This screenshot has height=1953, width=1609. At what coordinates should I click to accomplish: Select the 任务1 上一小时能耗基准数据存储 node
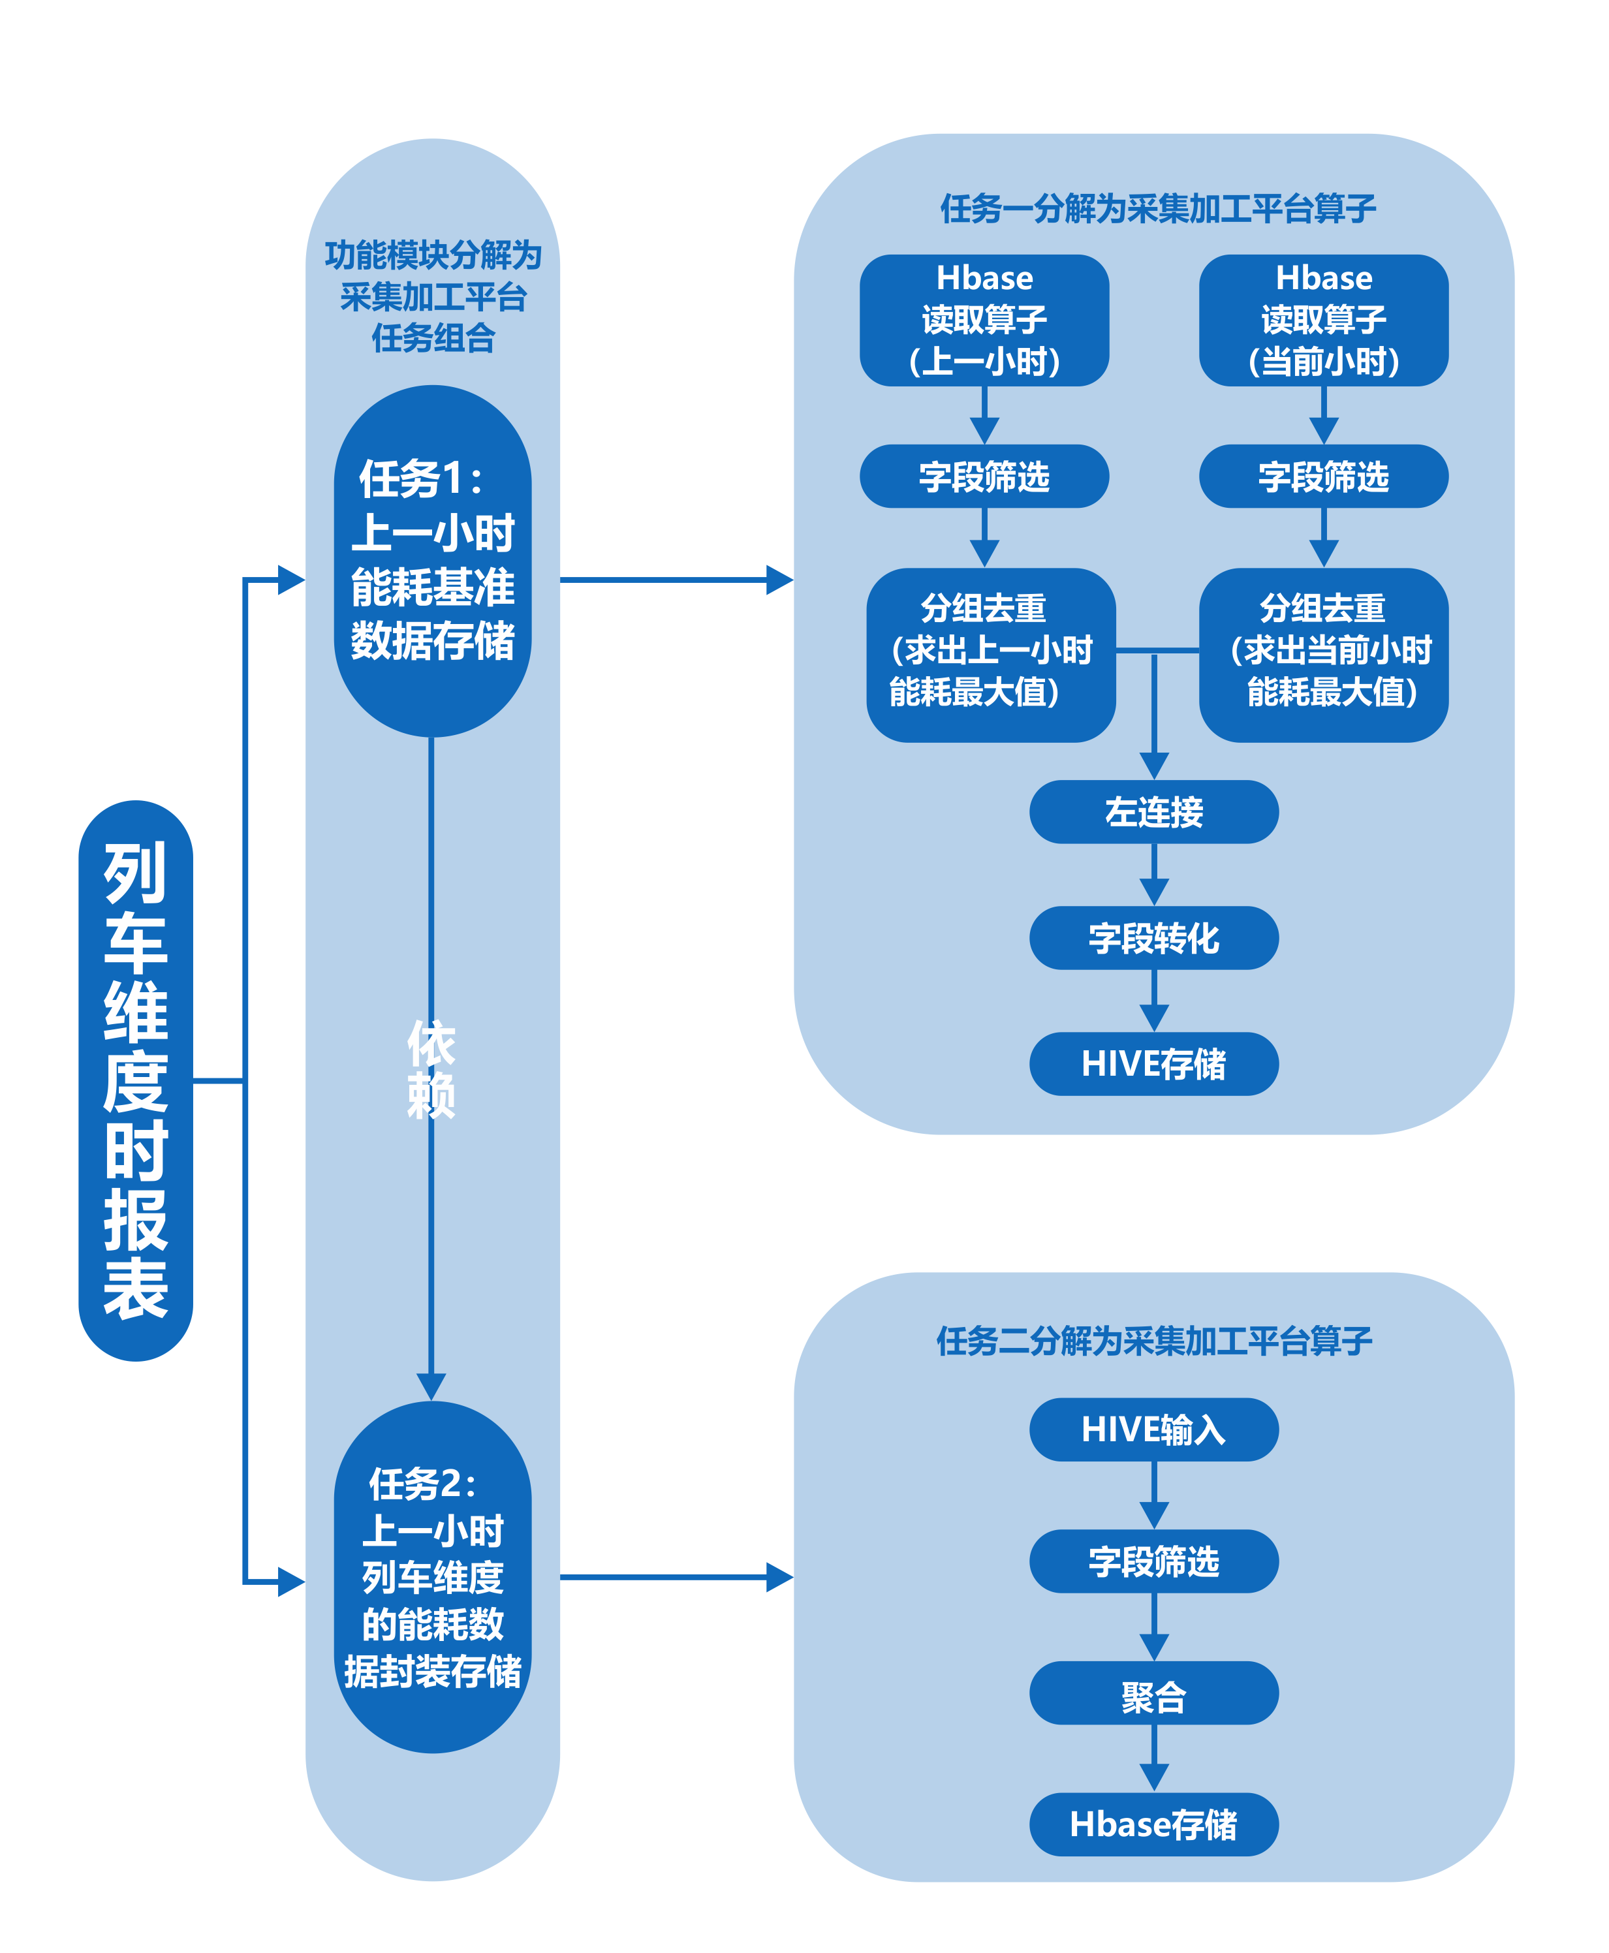[432, 561]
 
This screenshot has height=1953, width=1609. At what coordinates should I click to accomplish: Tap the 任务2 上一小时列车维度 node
[432, 1578]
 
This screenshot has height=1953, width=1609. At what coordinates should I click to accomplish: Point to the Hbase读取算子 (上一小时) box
[984, 320]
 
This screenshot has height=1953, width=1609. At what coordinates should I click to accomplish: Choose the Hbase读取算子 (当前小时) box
[1324, 320]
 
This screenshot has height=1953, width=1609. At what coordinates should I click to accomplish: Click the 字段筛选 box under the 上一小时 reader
[984, 477]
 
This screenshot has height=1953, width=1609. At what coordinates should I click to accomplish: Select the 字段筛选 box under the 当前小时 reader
[1324, 477]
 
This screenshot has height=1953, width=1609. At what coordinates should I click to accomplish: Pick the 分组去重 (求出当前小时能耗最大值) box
[1324, 655]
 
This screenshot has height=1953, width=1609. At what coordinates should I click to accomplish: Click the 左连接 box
[1154, 812]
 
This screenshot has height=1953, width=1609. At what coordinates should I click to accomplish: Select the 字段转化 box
[1154, 938]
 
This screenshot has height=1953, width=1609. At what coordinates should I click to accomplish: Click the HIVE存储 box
[1154, 1064]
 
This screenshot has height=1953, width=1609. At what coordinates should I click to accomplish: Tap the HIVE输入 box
[1154, 1430]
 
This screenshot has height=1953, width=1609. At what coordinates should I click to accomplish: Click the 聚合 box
[1154, 1693]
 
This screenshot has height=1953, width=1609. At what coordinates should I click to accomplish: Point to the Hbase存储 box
[1154, 1824]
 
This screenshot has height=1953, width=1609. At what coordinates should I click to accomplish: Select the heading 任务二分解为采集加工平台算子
[1154, 1340]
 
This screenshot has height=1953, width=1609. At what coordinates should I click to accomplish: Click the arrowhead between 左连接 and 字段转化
[1154, 892]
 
